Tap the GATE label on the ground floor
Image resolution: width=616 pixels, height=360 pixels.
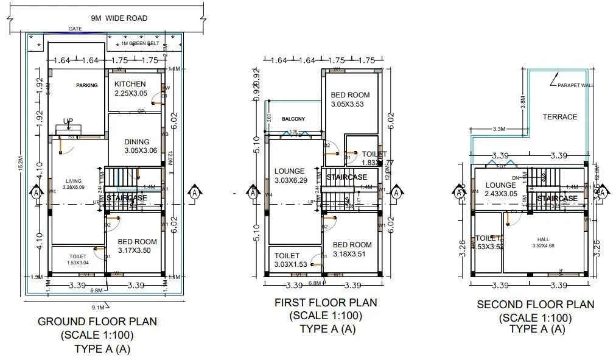point(75,29)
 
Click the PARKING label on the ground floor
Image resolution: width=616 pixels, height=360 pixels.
point(86,85)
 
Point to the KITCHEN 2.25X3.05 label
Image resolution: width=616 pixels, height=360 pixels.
point(130,88)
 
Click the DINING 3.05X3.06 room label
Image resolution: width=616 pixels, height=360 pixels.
point(141,146)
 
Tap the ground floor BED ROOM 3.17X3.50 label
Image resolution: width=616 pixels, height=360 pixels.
point(136,245)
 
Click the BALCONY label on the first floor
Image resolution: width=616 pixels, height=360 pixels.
point(293,119)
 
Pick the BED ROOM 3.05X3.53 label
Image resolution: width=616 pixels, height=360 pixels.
point(351,99)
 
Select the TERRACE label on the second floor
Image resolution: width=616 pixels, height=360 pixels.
point(560,116)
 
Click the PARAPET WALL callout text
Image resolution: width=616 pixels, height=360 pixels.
point(575,86)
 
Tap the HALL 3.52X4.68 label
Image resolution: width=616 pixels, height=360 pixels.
point(542,242)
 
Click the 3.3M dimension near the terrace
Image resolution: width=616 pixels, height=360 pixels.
point(499,129)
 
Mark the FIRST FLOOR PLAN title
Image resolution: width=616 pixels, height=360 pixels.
point(326,303)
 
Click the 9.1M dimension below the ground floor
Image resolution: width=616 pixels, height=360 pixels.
point(98,306)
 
